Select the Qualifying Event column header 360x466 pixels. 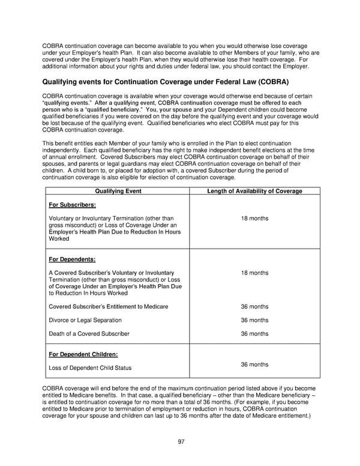point(117,191)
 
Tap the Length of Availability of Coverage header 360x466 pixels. point(254,191)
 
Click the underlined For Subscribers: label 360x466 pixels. point(71,205)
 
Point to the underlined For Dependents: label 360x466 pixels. point(71,259)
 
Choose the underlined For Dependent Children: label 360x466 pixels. point(83,354)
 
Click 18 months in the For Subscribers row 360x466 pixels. point(254,219)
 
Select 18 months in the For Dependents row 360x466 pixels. point(254,273)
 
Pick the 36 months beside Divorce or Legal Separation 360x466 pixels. point(254,320)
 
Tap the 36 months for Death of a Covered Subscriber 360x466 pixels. point(254,334)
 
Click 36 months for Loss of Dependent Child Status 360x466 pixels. point(254,365)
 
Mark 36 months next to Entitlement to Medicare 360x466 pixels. point(254,307)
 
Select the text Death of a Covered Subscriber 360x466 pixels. point(89,334)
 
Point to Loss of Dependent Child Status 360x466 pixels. point(89,368)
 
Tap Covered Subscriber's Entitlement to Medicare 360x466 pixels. point(108,307)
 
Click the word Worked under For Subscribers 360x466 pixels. point(59,238)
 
